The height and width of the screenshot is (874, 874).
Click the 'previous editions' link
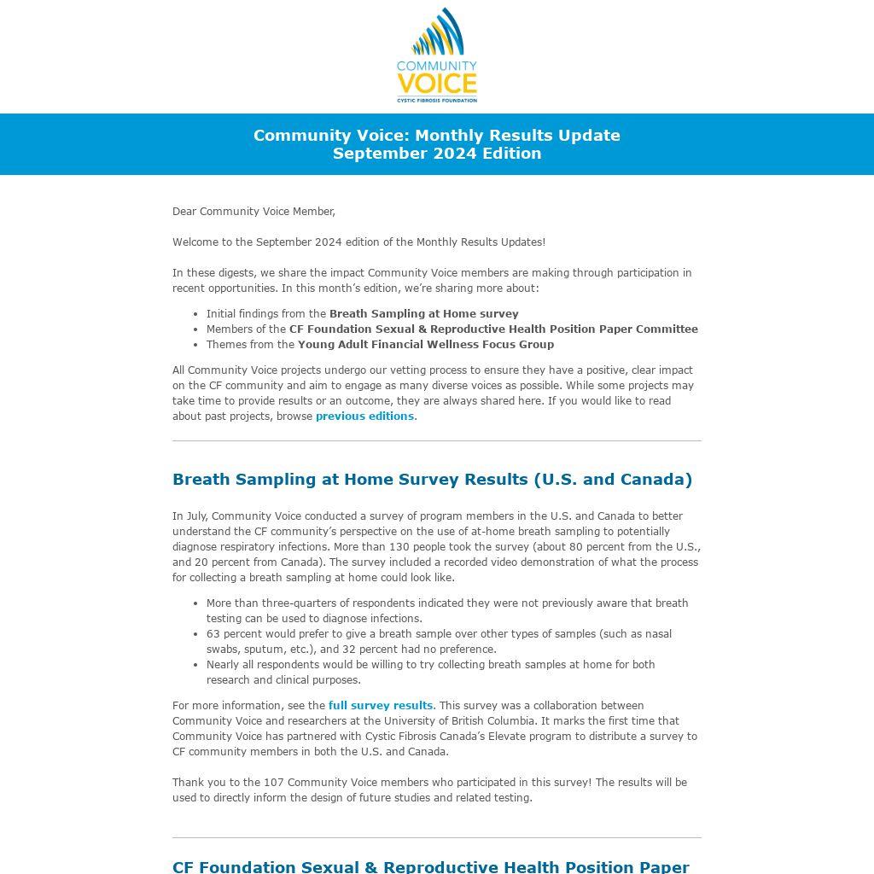[364, 417]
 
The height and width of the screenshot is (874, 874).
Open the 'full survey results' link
[380, 706]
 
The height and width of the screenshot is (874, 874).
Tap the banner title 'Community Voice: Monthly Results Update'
[436, 135]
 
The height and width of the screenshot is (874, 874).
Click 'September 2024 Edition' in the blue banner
[436, 154]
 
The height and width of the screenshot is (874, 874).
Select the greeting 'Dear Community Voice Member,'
[253, 212]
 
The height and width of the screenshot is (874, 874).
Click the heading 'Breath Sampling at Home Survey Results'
[432, 479]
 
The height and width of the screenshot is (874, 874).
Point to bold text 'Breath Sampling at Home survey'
[423, 314]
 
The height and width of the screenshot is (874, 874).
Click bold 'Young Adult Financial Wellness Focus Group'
[425, 345]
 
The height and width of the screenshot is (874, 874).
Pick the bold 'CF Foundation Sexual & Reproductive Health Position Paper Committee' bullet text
[493, 329]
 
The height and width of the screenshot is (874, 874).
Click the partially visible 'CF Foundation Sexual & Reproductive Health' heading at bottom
[430, 866]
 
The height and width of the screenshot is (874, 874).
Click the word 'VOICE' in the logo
[436, 84]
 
